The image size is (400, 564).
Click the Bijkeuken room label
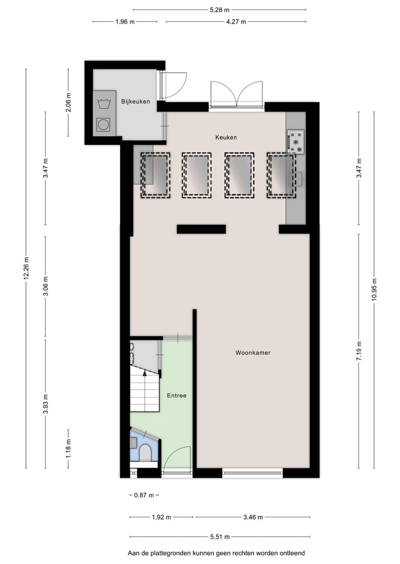136,101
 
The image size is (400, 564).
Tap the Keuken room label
226,137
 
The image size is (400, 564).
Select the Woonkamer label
253,352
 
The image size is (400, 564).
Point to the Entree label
177,395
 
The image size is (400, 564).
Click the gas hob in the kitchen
296,141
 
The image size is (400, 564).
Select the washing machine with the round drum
103,125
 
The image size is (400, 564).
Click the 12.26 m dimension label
26,268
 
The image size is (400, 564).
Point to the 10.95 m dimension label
374,289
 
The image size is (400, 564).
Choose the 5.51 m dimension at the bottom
219,537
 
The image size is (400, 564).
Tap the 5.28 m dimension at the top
219,9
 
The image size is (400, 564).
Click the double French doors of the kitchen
236,94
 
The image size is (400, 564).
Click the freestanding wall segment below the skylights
201,229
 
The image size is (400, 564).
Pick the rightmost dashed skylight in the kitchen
281,175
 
